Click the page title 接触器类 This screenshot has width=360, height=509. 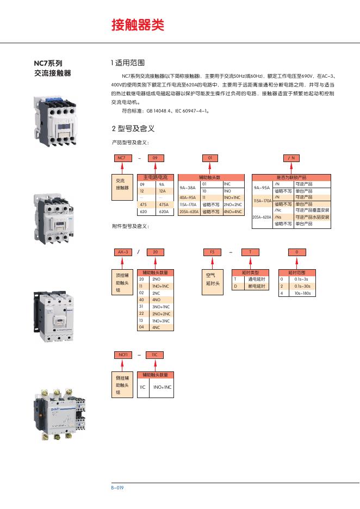(x=137, y=25)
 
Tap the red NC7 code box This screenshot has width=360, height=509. (x=122, y=158)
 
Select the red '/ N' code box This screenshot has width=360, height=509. (x=293, y=158)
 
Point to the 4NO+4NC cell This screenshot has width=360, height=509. (x=234, y=212)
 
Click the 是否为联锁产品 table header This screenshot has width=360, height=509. (x=291, y=177)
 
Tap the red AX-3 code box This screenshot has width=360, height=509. (x=122, y=252)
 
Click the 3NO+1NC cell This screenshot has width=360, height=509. (x=160, y=307)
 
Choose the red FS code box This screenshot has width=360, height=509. (x=213, y=252)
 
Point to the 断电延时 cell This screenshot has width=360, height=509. (x=256, y=285)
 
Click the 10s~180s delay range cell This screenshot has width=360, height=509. (x=302, y=293)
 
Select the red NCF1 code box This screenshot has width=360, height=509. (x=122, y=355)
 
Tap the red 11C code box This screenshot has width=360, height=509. (x=154, y=355)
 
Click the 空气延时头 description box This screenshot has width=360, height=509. (x=212, y=280)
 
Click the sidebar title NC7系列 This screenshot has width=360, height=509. (x=48, y=63)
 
